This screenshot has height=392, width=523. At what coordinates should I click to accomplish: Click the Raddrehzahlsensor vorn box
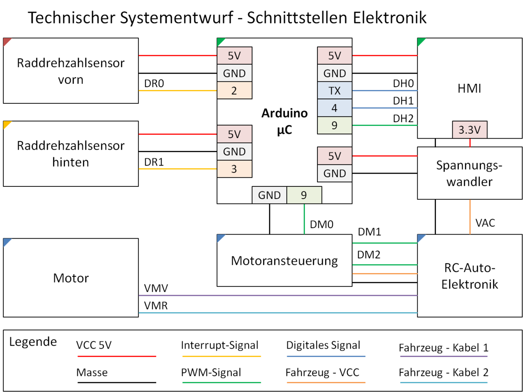click(x=71, y=71)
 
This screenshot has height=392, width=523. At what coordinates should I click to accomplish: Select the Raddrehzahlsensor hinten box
click(x=71, y=154)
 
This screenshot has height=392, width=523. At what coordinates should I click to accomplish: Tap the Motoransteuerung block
click(x=284, y=260)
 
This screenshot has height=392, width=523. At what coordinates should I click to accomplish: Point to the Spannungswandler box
click(x=469, y=173)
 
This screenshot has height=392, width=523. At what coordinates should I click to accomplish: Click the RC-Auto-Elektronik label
click(x=469, y=276)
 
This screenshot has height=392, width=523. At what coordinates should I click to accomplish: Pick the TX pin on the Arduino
click(x=335, y=91)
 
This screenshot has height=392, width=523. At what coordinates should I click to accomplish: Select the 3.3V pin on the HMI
click(x=469, y=130)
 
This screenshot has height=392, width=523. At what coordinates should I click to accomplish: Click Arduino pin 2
click(x=234, y=91)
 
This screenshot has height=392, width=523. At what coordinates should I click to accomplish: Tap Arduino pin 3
click(x=234, y=169)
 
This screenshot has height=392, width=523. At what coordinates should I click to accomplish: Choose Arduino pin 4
click(x=335, y=108)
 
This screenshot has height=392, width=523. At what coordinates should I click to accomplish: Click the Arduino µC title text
click(x=284, y=121)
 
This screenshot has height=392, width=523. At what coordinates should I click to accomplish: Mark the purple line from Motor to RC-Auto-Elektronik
click(x=278, y=295)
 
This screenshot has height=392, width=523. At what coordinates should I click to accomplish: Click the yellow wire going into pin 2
click(x=178, y=91)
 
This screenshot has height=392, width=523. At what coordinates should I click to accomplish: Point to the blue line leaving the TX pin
click(x=384, y=91)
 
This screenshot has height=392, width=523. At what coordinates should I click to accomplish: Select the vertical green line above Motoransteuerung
click(x=304, y=219)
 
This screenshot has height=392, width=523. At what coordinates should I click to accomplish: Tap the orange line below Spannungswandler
click(x=470, y=217)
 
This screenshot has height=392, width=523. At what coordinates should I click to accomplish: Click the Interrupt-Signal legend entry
click(x=220, y=345)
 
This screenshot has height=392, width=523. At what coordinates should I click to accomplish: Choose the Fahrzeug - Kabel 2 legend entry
click(x=443, y=373)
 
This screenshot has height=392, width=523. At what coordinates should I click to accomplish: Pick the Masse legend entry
click(x=92, y=373)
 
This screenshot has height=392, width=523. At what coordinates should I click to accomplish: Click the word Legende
click(x=33, y=342)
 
